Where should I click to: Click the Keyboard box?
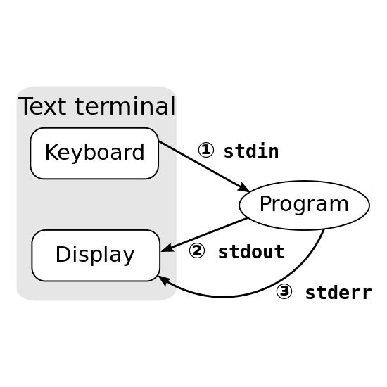pyautogui.click(x=94, y=153)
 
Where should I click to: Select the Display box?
pyautogui.click(x=96, y=255)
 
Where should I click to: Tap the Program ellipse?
pyautogui.click(x=304, y=205)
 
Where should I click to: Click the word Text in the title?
pyautogui.click(x=42, y=106)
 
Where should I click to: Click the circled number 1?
pyautogui.click(x=206, y=150)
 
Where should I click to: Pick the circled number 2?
pyautogui.click(x=197, y=250)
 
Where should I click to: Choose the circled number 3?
pyautogui.click(x=284, y=291)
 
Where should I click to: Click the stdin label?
pyautogui.click(x=251, y=151)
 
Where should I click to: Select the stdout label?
pyautogui.click(x=251, y=252)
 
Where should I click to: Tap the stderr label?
pyautogui.click(x=338, y=293)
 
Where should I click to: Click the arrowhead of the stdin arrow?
pyautogui.click(x=243, y=188)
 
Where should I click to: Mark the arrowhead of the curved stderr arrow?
pyautogui.click(x=164, y=281)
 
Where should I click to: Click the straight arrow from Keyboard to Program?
pyautogui.click(x=204, y=167)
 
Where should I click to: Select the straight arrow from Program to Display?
pyautogui.click(x=204, y=235)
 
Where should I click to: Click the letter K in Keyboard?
pyautogui.click(x=51, y=152)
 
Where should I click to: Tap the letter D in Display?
pyautogui.click(x=63, y=254)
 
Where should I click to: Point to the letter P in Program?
pyautogui.click(x=265, y=203)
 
